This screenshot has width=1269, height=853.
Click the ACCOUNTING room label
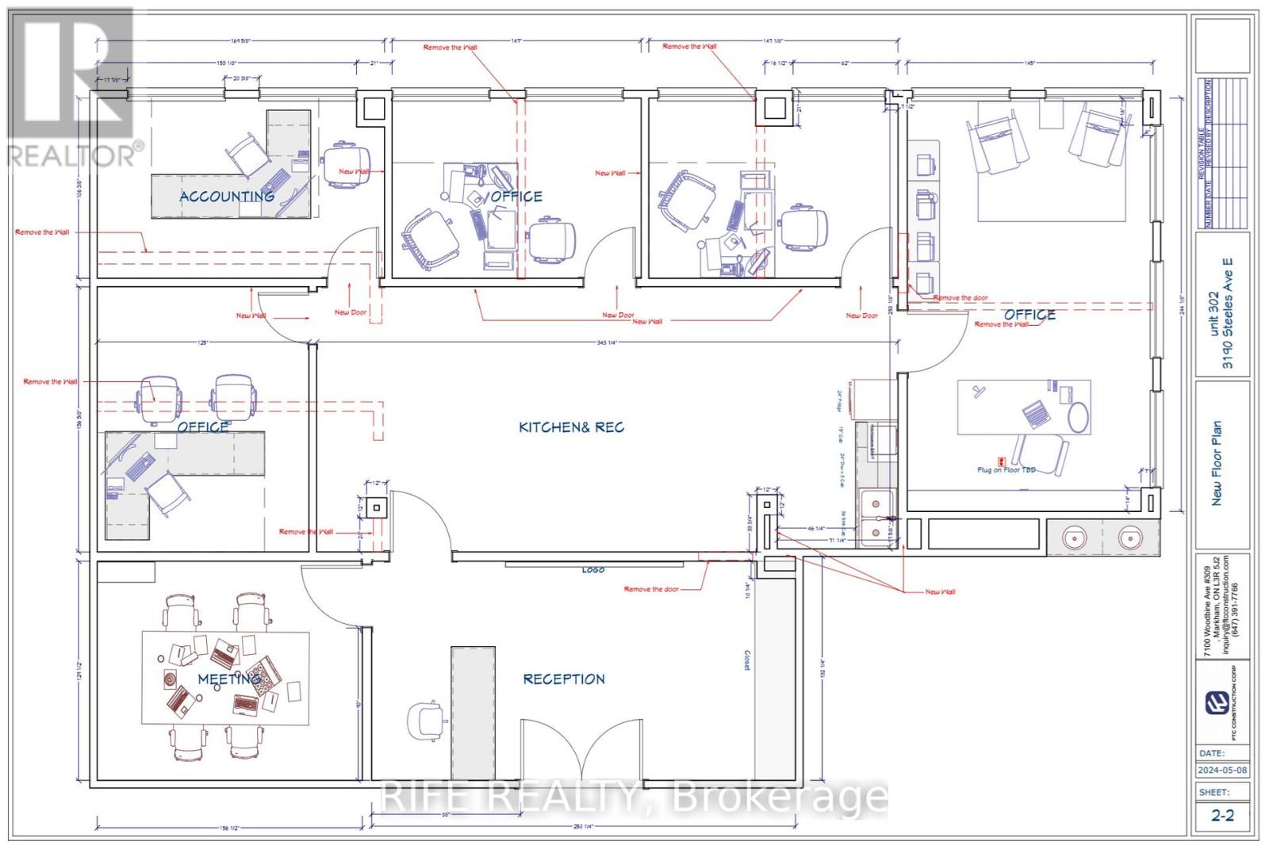click(227, 196)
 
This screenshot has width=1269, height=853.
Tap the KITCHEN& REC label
click(571, 427)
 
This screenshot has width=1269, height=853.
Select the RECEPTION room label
click(563, 679)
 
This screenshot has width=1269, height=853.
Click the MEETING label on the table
click(228, 679)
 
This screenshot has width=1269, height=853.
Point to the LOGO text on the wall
click(593, 570)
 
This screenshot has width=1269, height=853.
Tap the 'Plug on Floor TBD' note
click(1007, 469)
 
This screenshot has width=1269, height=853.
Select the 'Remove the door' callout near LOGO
click(651, 589)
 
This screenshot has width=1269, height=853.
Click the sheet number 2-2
click(1222, 815)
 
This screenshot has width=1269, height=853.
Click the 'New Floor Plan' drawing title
click(1217, 463)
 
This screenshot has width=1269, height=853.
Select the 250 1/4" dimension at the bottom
click(583, 827)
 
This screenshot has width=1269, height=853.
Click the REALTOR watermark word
click(71, 155)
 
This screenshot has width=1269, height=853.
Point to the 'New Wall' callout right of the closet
click(940, 592)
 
